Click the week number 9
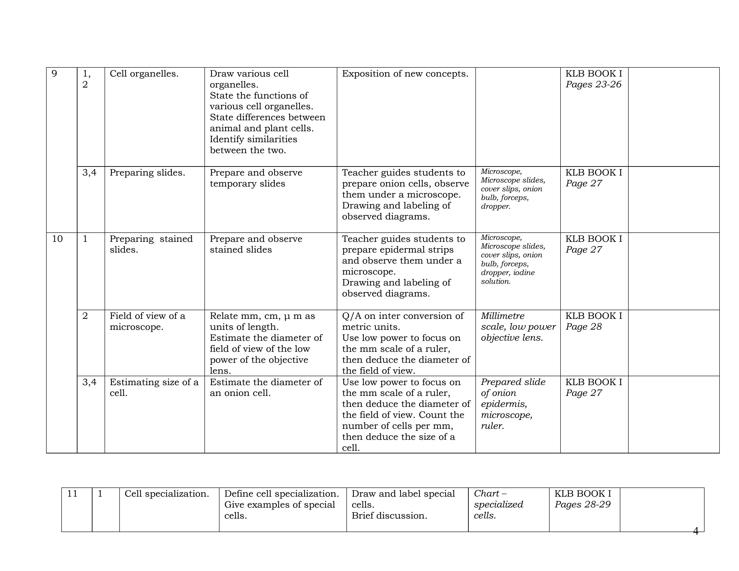(54, 73)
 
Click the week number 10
(57, 239)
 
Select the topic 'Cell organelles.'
(144, 73)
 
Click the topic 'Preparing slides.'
(147, 172)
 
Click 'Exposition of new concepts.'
(405, 73)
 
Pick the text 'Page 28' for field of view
(583, 326)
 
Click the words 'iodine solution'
(507, 277)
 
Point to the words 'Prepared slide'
(513, 382)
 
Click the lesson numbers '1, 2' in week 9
(86, 79)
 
